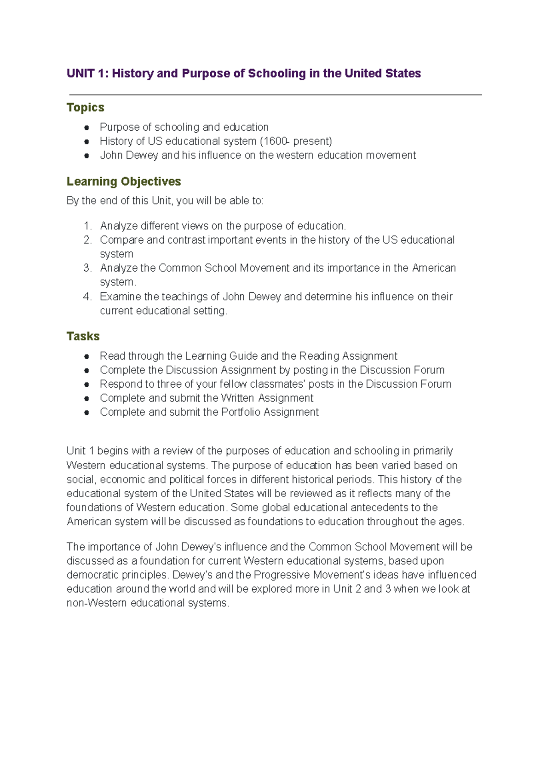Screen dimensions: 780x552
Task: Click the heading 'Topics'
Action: [x=85, y=107]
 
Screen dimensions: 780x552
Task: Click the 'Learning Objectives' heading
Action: [x=123, y=181]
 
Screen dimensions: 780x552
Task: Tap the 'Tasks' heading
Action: [x=83, y=336]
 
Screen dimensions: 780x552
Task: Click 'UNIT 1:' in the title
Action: [x=87, y=74]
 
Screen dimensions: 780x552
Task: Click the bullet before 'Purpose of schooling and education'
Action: [x=86, y=128]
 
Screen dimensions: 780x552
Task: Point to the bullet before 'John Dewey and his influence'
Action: [x=86, y=156]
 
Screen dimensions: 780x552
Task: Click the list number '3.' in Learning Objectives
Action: [x=87, y=268]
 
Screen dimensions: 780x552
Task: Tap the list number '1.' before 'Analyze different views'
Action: [x=87, y=226]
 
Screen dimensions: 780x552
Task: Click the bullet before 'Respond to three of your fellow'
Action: [x=86, y=384]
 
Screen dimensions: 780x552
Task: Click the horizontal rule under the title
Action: [x=275, y=95]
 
